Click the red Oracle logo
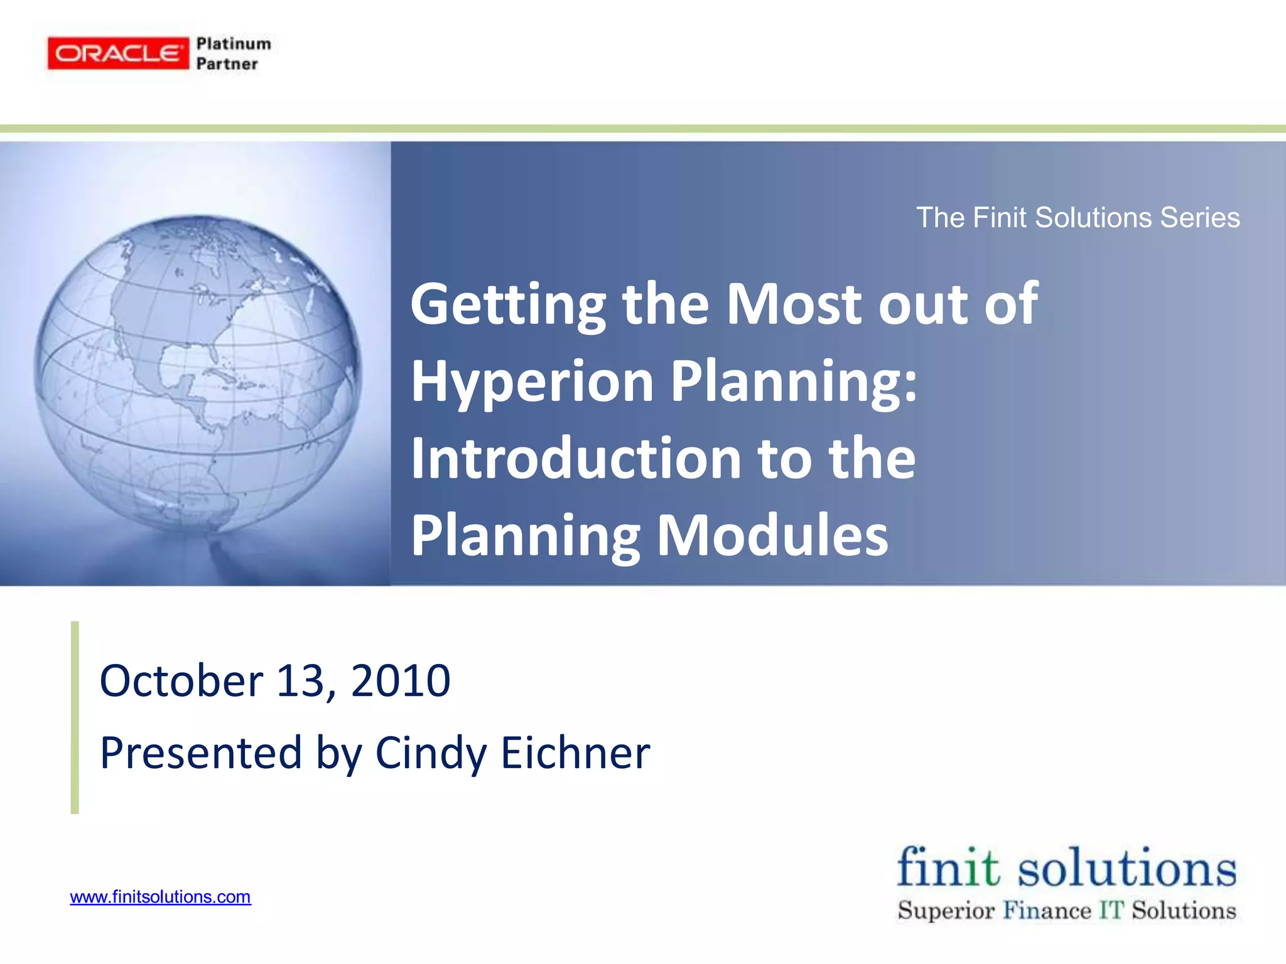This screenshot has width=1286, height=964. click(x=118, y=53)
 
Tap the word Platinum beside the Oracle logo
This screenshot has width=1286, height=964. click(x=234, y=44)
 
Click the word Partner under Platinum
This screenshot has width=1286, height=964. click(x=227, y=64)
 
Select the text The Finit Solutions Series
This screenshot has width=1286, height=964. click(x=1078, y=218)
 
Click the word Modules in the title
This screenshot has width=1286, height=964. click(x=772, y=535)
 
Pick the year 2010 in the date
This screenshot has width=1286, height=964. click(x=401, y=681)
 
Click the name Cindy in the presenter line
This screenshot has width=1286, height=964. click(x=431, y=752)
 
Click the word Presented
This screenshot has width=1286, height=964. click(x=200, y=752)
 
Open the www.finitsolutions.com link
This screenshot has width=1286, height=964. click(x=160, y=897)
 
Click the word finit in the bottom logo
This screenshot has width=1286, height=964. click(x=948, y=868)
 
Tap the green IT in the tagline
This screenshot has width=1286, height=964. click(x=1111, y=911)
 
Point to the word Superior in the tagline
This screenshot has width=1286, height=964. click(x=946, y=911)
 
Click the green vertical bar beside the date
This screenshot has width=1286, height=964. click(x=75, y=717)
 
